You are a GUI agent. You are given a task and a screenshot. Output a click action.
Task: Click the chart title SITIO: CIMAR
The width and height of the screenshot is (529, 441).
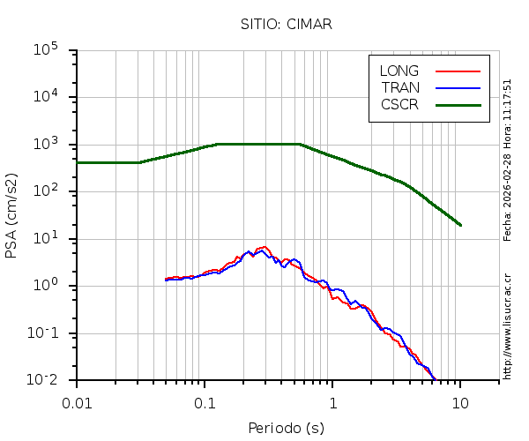pyautogui.click(x=286, y=24)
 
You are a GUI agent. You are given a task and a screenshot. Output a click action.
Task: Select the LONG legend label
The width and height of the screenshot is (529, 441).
pyautogui.click(x=399, y=71)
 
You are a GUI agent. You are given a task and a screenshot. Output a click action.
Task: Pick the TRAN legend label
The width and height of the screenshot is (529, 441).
pyautogui.click(x=400, y=87)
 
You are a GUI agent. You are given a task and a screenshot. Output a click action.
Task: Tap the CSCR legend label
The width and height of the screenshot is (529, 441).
pyautogui.click(x=399, y=104)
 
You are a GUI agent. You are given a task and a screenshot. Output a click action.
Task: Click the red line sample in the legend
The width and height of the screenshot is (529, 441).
pyautogui.click(x=458, y=71)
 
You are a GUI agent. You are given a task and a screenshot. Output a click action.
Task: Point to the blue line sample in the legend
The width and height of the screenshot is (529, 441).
pyautogui.click(x=458, y=87)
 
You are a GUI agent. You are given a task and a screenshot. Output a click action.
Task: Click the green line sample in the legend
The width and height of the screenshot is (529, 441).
pyautogui.click(x=458, y=104)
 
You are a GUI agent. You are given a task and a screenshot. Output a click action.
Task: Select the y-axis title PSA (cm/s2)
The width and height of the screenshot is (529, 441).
pyautogui.click(x=12, y=215)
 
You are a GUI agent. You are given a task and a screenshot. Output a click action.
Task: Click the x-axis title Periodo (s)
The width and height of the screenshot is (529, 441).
pyautogui.click(x=286, y=429)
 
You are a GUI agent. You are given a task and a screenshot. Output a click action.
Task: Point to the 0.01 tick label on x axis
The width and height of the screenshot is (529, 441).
pyautogui.click(x=78, y=402)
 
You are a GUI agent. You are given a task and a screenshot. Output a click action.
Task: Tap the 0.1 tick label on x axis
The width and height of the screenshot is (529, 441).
pyautogui.click(x=205, y=402)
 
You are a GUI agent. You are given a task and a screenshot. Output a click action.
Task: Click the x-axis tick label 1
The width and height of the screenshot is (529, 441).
pyautogui.click(x=333, y=402)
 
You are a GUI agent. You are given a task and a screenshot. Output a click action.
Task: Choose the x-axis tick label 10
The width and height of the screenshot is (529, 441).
pyautogui.click(x=460, y=402)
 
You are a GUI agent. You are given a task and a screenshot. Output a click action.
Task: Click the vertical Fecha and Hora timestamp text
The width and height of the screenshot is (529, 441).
pyautogui.click(x=508, y=160)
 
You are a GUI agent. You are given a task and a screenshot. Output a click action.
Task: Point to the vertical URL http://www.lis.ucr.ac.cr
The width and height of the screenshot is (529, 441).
pyautogui.click(x=508, y=321)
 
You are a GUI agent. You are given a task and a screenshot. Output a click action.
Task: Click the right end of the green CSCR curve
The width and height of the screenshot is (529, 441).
pyautogui.click(x=460, y=225)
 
